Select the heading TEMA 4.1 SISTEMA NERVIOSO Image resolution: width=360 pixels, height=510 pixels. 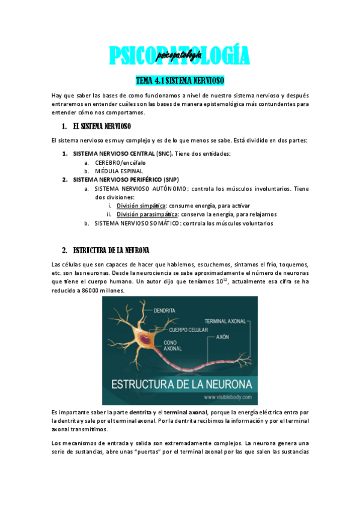tap(180, 80)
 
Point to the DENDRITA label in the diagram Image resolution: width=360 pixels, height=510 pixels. tap(165, 310)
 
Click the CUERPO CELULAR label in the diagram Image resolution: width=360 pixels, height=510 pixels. tap(189, 330)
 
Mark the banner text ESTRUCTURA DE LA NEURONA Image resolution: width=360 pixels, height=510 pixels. tap(180, 384)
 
